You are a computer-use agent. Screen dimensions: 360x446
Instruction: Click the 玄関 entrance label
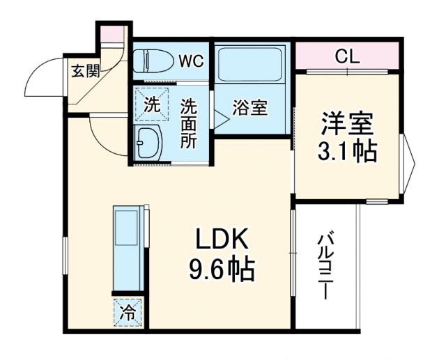tap(82, 70)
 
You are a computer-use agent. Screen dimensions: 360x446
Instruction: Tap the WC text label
tap(190, 61)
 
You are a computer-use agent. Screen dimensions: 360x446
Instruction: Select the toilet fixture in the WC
tap(153, 61)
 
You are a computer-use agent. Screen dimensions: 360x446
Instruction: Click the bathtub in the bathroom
tap(250, 65)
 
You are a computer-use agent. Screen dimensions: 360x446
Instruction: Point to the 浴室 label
tap(250, 109)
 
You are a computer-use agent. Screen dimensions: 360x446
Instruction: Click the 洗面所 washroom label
tap(188, 123)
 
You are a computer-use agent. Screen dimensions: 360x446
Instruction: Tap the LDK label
tap(220, 240)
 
